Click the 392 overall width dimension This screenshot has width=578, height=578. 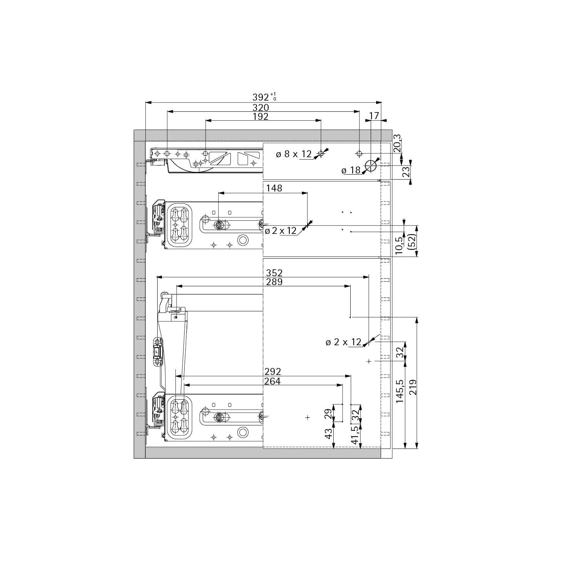click(264, 97)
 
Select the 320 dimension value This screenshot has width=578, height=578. click(260, 108)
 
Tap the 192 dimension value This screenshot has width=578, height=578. click(260, 116)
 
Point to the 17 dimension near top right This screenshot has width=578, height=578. click(374, 116)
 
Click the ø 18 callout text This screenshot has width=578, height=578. click(351, 170)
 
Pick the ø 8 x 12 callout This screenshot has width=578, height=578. click(294, 154)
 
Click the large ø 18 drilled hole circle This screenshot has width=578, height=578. click(371, 166)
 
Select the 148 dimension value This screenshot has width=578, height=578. click(274, 188)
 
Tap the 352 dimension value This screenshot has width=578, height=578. click(274, 273)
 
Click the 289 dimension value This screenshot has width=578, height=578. click(274, 282)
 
